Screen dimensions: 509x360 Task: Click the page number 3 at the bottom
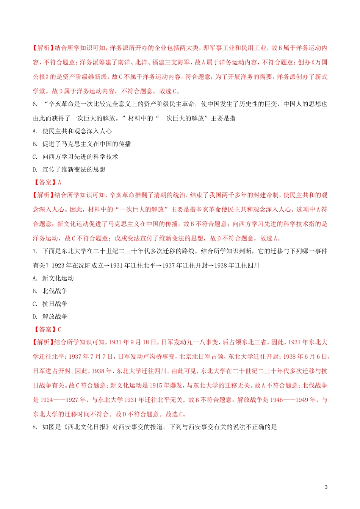326,487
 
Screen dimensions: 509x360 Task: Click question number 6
35,104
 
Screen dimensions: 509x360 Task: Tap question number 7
35,251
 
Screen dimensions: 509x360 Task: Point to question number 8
35,427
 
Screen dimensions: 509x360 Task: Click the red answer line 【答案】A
47,183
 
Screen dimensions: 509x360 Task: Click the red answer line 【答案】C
47,329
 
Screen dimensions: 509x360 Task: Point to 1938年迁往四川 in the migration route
237,265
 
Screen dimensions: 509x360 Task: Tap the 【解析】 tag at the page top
43,48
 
